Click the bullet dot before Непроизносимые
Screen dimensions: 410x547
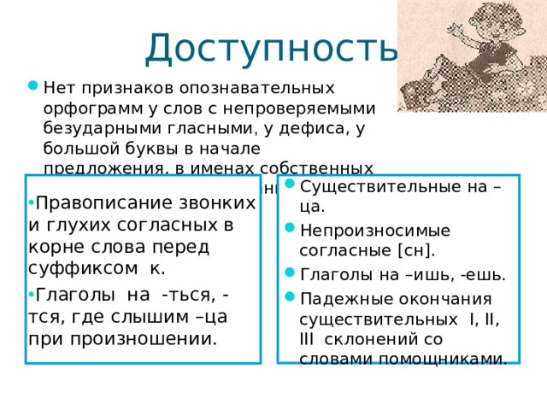click(x=291, y=231)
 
